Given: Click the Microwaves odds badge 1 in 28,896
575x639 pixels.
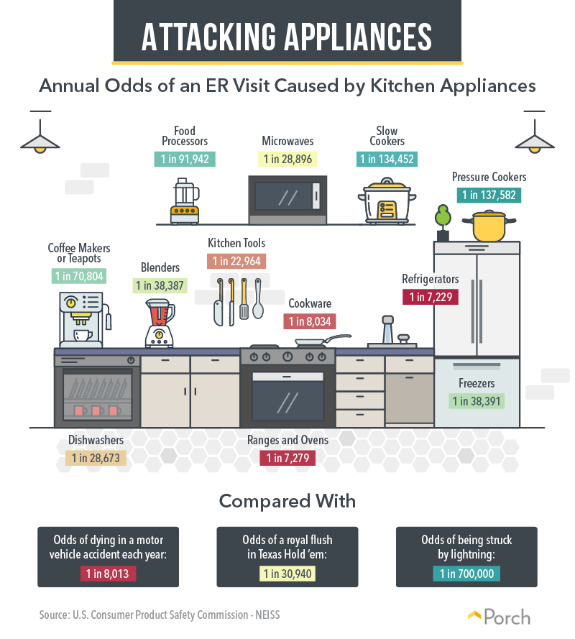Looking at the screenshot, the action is point(287,159).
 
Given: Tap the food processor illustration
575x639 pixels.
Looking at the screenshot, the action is point(185,201).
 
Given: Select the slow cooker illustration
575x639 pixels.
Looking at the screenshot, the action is point(387,201).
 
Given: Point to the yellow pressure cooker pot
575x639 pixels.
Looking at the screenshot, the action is point(489,226).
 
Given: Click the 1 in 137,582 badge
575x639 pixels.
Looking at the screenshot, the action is point(489,195).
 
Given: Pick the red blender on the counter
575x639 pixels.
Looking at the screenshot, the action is point(160,323).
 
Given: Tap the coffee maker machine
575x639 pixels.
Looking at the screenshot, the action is point(85,320).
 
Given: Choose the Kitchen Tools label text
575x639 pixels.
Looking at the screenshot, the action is point(236,243).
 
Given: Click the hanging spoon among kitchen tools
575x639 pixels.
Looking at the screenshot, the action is point(258,299).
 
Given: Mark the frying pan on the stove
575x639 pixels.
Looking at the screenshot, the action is point(322,341).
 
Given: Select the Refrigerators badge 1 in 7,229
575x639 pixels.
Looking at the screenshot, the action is point(431,297).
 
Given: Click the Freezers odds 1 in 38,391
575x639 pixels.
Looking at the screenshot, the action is point(477,401).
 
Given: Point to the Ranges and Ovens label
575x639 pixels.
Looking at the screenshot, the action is point(287,440).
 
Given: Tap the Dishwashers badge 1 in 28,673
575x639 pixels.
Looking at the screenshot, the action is point(96,458).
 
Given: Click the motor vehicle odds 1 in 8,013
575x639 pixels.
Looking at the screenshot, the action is point(108,574).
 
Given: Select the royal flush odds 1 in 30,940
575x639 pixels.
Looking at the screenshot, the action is point(287,574).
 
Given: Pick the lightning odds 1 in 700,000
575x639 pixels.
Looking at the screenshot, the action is point(466,574).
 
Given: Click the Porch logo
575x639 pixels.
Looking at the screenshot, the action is point(500,617).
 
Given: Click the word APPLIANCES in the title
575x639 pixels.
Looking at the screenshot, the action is point(358,37).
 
